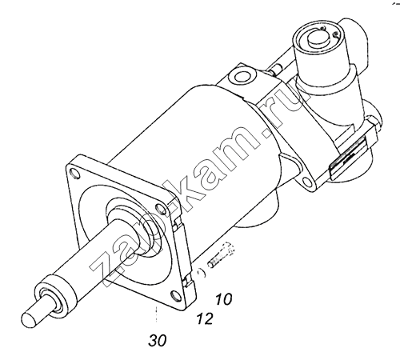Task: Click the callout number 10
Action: (x=223, y=299)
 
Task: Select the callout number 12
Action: (x=205, y=318)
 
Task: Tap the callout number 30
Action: (x=158, y=340)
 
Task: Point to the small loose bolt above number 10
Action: (x=221, y=255)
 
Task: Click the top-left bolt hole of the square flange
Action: (x=75, y=174)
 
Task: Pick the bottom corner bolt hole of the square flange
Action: (x=175, y=295)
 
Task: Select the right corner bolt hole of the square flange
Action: (x=160, y=207)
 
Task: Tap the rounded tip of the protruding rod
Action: (x=29, y=319)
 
